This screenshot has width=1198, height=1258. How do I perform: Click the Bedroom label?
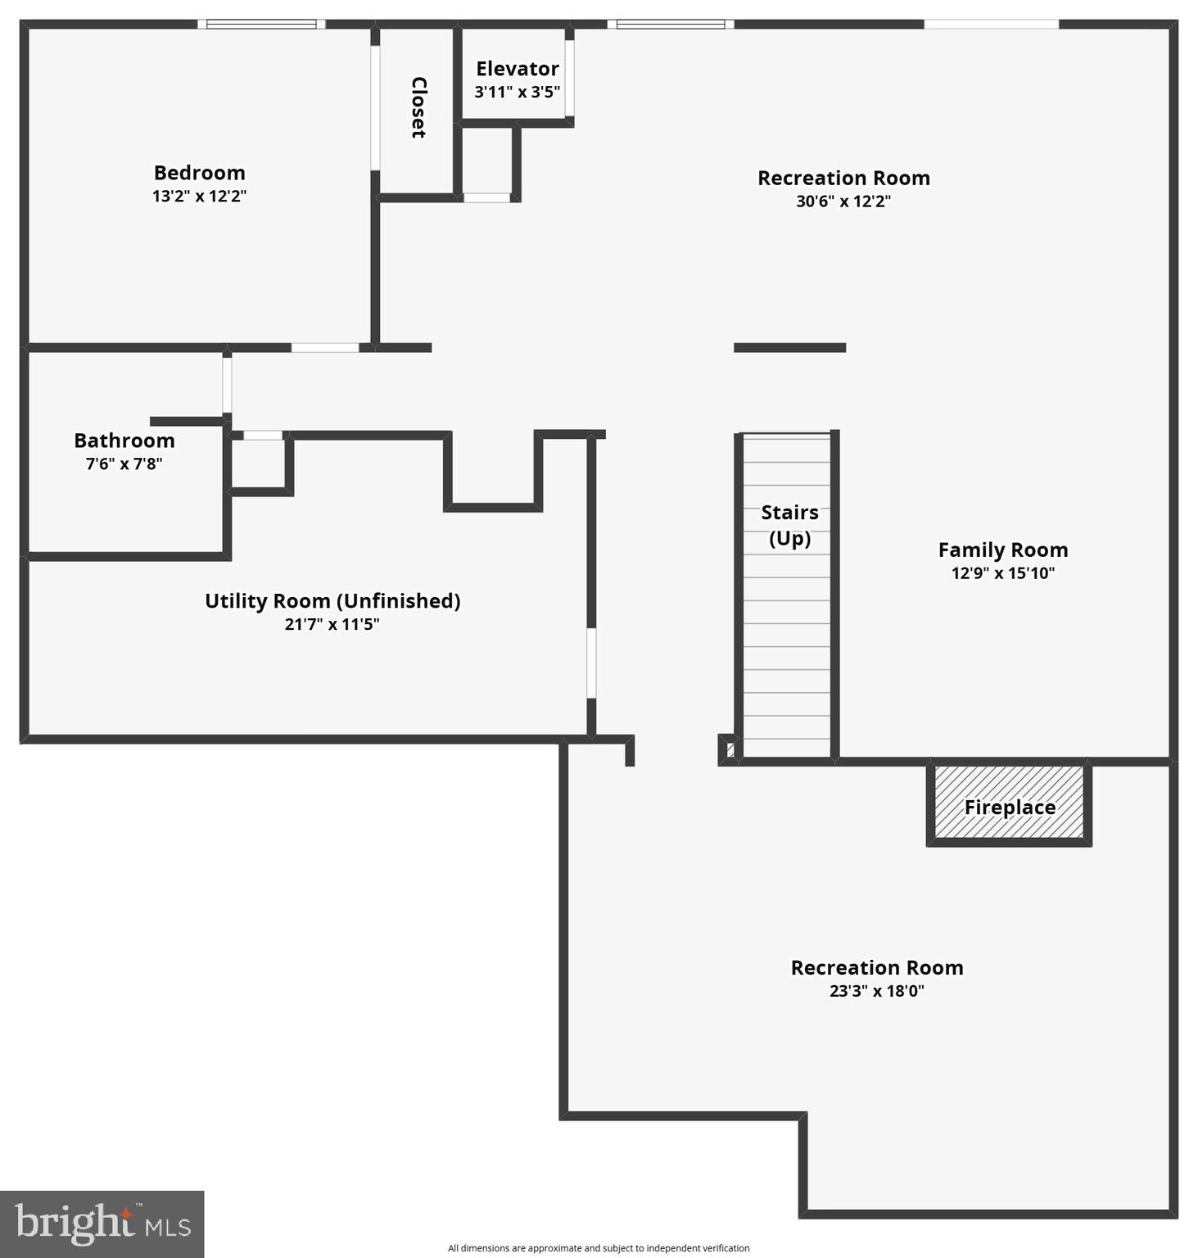point(199,173)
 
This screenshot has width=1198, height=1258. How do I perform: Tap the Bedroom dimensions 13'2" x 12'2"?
point(199,197)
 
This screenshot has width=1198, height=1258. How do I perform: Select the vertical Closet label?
point(418,107)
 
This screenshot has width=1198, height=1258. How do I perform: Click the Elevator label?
point(517,69)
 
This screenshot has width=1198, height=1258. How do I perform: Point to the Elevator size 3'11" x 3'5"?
point(517,92)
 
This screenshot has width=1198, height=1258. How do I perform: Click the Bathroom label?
point(124,441)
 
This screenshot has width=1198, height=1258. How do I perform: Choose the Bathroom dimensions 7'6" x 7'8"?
point(124,464)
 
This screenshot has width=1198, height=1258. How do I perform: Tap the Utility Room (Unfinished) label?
point(332,601)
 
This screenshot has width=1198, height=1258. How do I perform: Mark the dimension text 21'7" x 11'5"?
point(332,624)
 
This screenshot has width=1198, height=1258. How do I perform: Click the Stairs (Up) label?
point(789,525)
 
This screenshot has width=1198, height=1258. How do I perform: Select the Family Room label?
point(1002,550)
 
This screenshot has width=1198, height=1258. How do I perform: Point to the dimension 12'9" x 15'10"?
point(1002,573)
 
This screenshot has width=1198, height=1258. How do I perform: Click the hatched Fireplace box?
point(1009,803)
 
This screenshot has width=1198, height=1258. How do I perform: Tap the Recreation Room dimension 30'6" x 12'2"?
point(843,201)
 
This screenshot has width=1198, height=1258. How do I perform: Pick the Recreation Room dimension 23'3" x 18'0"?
point(876,991)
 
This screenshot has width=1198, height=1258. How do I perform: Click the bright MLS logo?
point(102,1224)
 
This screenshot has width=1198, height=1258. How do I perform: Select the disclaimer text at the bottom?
point(599,1248)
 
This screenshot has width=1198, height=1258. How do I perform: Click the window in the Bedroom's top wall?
point(261,25)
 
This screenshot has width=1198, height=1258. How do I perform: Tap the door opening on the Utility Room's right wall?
point(591,663)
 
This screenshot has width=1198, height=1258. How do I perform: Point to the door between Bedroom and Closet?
point(375,107)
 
